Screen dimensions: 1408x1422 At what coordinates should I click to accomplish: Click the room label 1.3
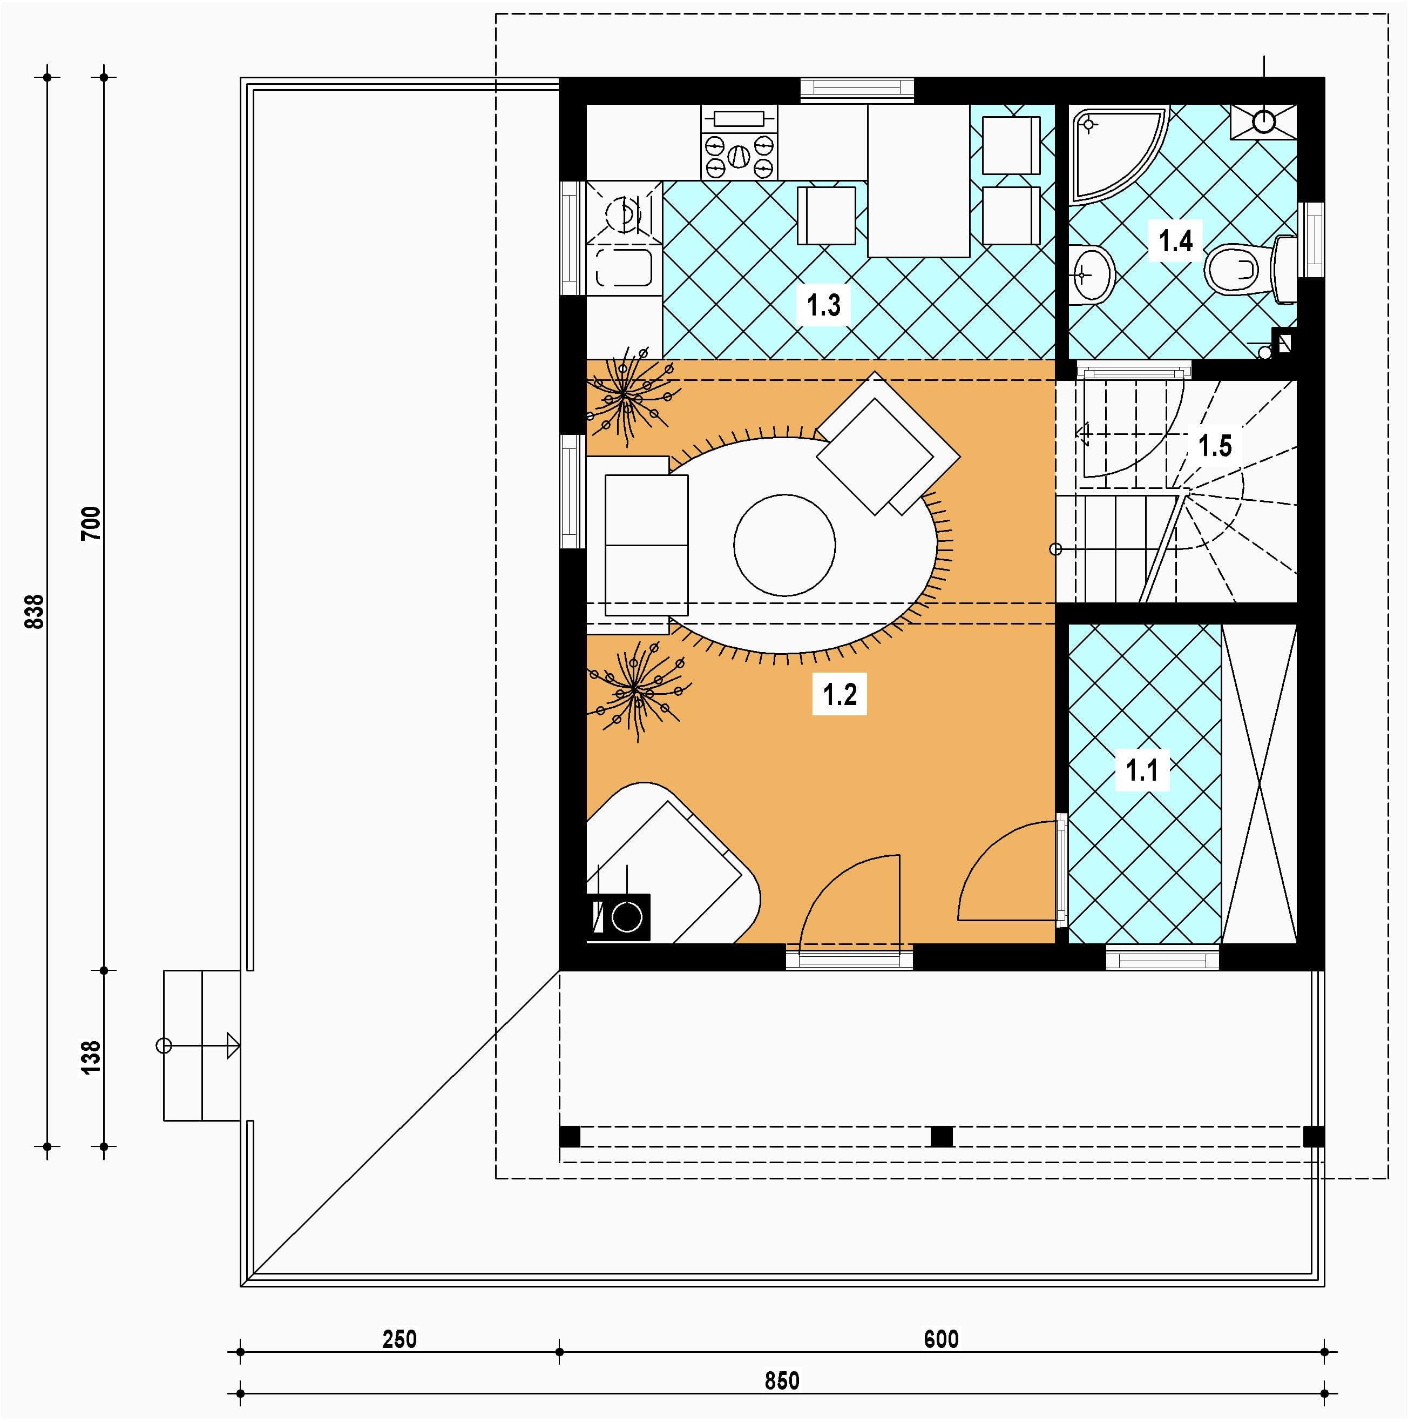[x=823, y=304]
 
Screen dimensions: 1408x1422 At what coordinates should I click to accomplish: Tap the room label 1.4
[x=1175, y=240]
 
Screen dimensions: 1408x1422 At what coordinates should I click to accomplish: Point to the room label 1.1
[x=1142, y=770]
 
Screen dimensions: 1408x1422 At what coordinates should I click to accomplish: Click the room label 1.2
[x=840, y=694]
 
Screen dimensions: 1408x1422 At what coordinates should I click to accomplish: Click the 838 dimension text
[x=35, y=612]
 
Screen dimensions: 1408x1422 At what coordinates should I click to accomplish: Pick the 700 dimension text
[x=91, y=524]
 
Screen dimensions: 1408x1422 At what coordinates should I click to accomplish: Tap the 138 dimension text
[x=91, y=1058]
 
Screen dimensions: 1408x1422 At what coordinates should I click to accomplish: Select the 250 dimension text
[x=400, y=1339]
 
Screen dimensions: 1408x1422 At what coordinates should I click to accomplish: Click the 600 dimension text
[x=942, y=1339]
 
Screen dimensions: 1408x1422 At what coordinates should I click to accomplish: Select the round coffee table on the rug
[x=784, y=545]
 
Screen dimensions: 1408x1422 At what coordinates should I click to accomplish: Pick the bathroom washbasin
[x=1092, y=274]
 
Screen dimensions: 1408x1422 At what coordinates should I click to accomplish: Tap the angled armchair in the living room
[x=888, y=443]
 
